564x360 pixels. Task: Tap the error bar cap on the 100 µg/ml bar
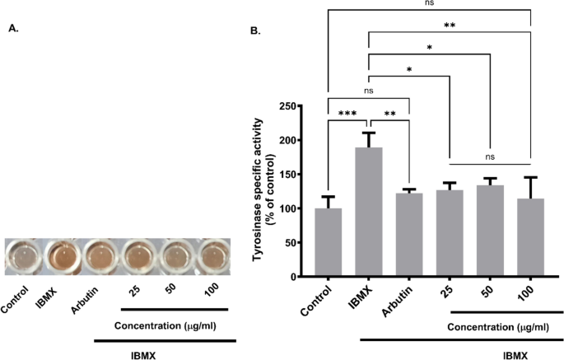pos(530,177)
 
